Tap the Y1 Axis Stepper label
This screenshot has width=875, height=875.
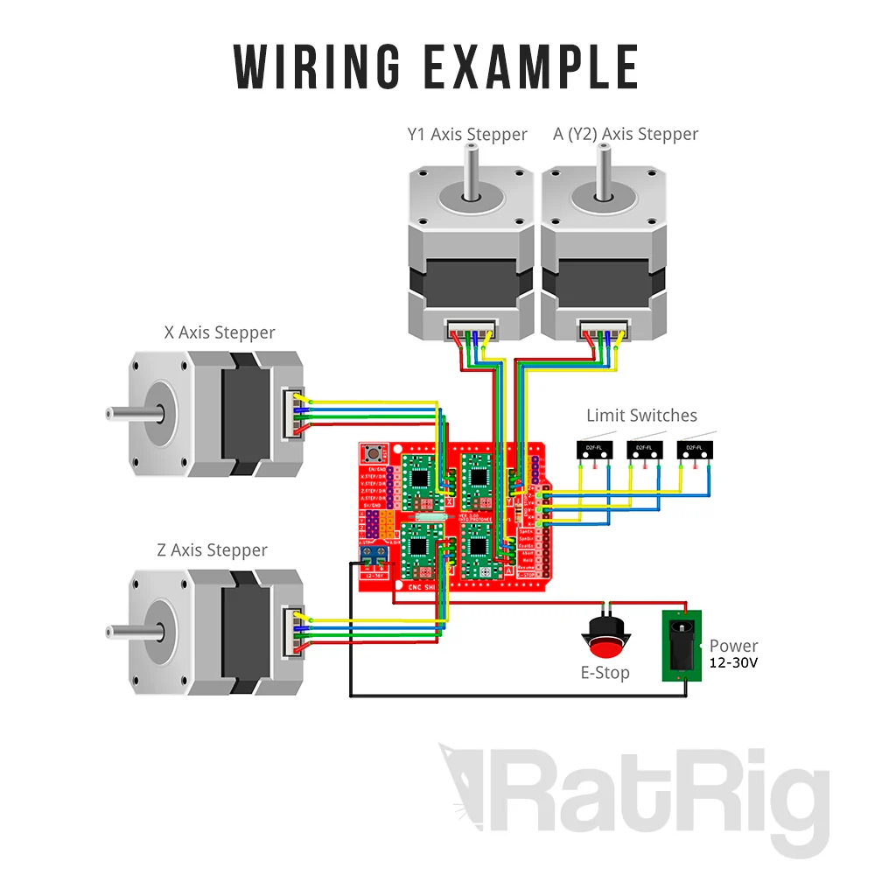click(467, 135)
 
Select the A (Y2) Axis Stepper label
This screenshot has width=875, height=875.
click(626, 135)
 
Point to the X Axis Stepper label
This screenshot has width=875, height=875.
click(220, 332)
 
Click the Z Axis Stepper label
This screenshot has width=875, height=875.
click(213, 550)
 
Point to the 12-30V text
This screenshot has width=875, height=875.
click(733, 663)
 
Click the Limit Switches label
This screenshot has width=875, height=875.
click(641, 416)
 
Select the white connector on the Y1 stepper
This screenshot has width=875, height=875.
click(471, 331)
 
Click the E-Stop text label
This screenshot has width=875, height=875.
click(605, 674)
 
